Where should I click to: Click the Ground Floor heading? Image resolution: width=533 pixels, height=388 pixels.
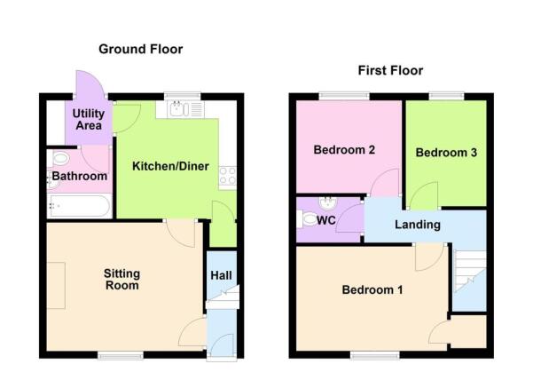140,49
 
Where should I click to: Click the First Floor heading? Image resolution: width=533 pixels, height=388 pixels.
389,70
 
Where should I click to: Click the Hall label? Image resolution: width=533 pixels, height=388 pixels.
221,275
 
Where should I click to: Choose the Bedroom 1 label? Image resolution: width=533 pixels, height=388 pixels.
372,290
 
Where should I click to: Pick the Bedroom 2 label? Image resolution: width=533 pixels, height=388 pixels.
344,150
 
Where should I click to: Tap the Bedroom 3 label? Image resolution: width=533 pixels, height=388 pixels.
447,153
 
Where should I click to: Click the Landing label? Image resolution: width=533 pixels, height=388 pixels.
418,225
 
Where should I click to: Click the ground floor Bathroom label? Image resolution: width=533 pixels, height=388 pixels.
80,177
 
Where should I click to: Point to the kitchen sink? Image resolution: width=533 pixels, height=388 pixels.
180,110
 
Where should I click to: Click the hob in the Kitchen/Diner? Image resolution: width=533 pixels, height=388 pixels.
227,176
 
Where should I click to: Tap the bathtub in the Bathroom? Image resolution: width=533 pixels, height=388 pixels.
79,208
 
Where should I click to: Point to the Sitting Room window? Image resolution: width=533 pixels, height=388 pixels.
120,356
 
